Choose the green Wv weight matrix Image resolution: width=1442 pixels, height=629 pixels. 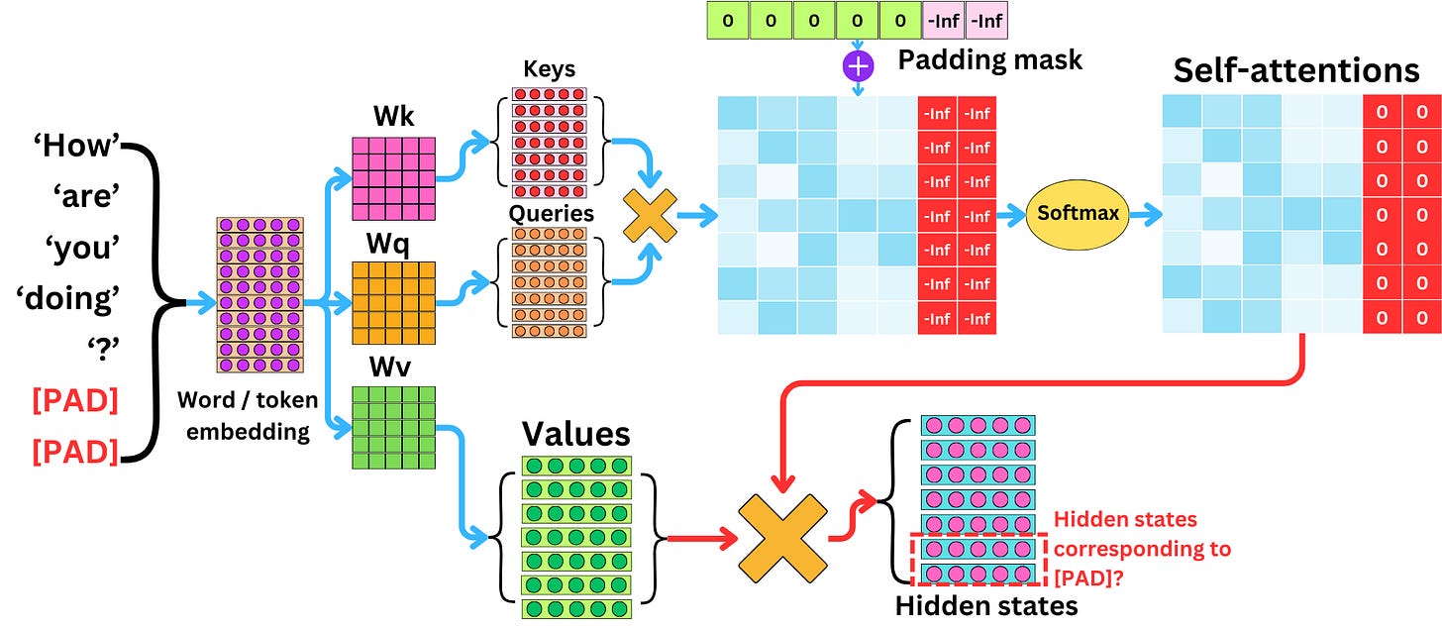click(393, 428)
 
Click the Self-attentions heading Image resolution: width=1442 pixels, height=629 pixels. click(1295, 70)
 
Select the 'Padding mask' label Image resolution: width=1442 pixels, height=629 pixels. click(989, 58)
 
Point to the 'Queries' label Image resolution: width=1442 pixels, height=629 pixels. click(550, 214)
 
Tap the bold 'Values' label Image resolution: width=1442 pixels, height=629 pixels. click(575, 435)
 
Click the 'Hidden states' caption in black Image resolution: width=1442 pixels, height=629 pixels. click(985, 605)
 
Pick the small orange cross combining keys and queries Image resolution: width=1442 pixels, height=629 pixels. click(649, 213)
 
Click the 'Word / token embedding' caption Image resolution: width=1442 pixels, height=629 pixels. click(248, 416)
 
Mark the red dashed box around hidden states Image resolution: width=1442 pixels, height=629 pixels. click(978, 561)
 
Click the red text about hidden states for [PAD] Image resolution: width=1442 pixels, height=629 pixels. click(1141, 549)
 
